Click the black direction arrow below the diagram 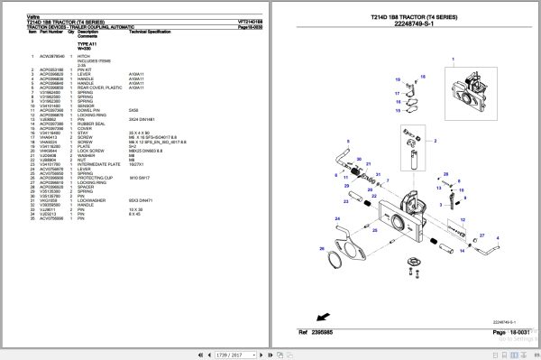pos(320,315)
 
